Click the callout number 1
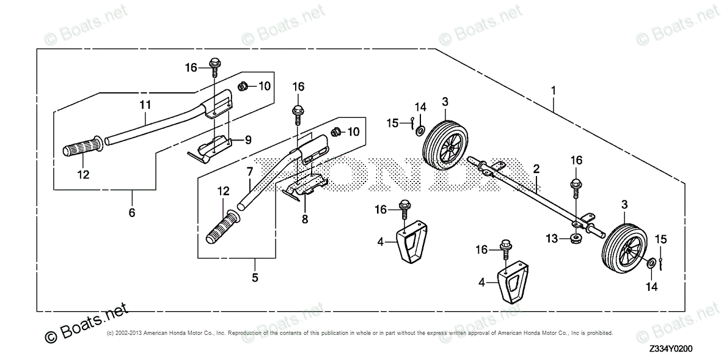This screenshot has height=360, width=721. point(553,91)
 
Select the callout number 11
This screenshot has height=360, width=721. point(144,105)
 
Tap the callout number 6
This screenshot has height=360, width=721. point(132,213)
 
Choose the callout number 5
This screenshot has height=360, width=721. point(255,277)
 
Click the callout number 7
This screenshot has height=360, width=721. point(249,173)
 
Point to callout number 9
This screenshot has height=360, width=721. point(248,140)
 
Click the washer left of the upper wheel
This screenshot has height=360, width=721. point(420,131)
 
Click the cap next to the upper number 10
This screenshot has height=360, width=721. point(242,86)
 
